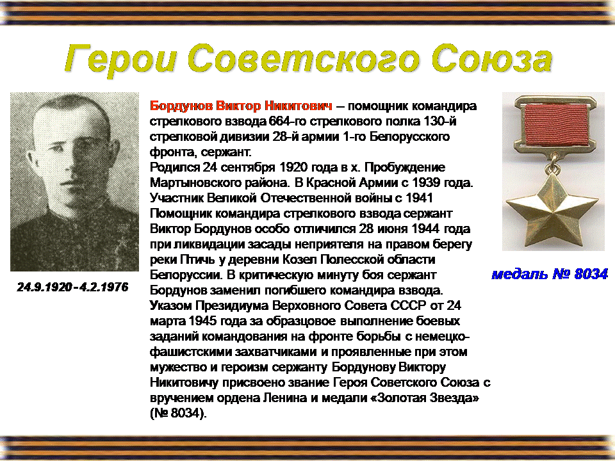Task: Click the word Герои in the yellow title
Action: point(121,60)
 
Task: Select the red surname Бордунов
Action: point(181,106)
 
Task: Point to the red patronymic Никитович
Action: point(299,106)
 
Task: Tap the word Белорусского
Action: point(409,136)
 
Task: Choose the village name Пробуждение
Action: point(405,167)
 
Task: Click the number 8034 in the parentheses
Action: point(185,413)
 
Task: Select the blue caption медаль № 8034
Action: point(550,274)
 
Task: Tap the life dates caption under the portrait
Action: point(72,287)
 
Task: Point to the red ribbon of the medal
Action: point(556,125)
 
